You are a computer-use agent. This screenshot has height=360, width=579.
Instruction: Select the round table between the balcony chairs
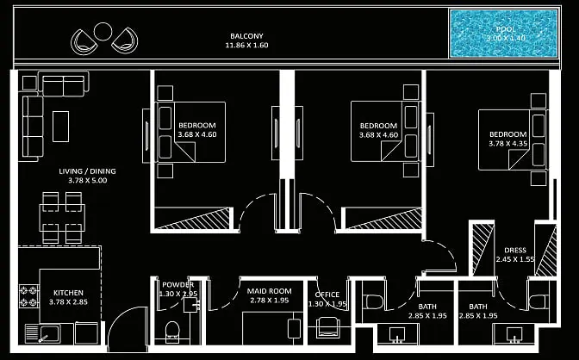click(x=103, y=32)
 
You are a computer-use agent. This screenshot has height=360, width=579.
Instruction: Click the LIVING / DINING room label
click(x=87, y=171)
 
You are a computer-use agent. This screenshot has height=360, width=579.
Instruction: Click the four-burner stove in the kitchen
click(x=28, y=297)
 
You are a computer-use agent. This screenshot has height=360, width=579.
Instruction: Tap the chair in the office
click(x=327, y=327)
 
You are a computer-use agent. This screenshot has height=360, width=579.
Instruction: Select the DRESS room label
click(x=515, y=250)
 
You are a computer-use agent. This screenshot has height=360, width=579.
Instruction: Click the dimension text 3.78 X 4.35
click(x=508, y=144)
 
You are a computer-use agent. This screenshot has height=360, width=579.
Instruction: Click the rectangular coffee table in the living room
click(x=60, y=125)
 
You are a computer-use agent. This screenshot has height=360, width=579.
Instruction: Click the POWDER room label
click(x=177, y=285)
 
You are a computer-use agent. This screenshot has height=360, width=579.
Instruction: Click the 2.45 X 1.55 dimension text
click(x=515, y=259)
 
